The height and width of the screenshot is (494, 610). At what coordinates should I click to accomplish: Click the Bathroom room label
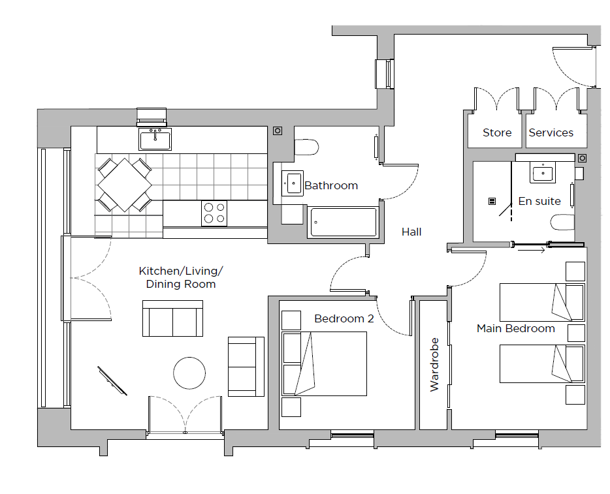click(x=331, y=186)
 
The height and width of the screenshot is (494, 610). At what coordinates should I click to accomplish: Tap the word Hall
click(x=411, y=232)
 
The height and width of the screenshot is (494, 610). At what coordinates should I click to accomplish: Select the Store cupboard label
click(x=497, y=133)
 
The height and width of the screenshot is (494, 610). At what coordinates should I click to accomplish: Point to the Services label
click(x=551, y=133)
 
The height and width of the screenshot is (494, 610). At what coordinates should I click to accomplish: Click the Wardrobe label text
click(x=434, y=365)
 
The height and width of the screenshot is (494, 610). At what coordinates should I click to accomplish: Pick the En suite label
click(x=539, y=202)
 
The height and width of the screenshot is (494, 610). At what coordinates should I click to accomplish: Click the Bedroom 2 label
click(x=344, y=318)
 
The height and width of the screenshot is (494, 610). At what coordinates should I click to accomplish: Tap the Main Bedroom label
click(x=516, y=328)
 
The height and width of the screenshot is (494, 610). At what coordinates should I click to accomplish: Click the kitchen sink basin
click(x=155, y=139)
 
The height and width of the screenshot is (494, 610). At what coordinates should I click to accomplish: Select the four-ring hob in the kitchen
click(x=214, y=213)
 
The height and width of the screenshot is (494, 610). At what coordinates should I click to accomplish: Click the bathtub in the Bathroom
click(x=343, y=223)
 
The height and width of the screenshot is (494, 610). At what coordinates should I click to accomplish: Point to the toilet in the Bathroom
click(x=306, y=147)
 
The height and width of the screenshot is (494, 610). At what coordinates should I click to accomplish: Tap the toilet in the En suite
click(x=562, y=223)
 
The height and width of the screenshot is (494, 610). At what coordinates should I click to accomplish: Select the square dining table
click(x=125, y=185)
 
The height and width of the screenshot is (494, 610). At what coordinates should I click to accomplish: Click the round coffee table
click(x=189, y=373)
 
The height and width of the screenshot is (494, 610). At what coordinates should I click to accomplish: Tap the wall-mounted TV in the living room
click(x=112, y=381)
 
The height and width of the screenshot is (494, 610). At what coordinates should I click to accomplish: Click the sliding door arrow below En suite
click(x=532, y=251)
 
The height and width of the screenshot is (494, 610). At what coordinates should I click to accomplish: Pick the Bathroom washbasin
click(x=293, y=183)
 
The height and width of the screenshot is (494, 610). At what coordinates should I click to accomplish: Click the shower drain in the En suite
click(x=492, y=202)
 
